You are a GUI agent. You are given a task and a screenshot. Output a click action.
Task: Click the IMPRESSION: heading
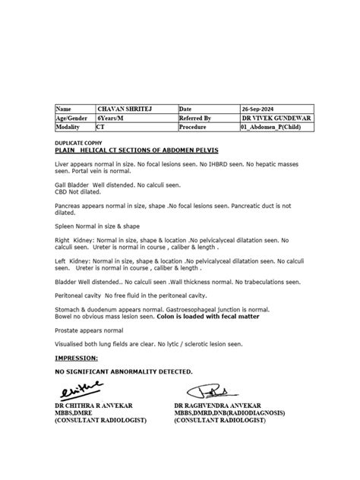[x=76, y=356]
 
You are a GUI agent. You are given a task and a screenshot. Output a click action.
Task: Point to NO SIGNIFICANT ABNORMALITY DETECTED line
[x=124, y=371]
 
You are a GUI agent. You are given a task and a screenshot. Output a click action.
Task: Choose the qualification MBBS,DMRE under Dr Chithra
[x=74, y=414]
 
